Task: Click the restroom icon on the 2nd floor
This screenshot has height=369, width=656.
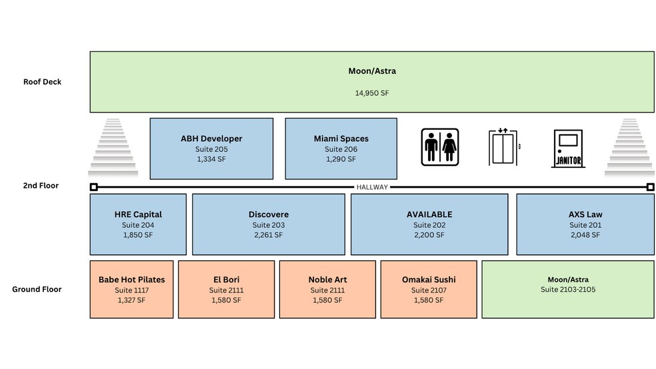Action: (440, 147)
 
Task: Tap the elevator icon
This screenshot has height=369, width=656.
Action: (504, 147)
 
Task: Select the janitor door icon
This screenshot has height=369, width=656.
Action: (568, 148)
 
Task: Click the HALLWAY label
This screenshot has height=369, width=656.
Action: (372, 187)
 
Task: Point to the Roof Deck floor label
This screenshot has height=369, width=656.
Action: (42, 82)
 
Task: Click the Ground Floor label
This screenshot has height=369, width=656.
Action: (37, 289)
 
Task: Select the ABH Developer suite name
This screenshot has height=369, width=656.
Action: (211, 139)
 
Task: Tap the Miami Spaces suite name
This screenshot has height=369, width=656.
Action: (341, 139)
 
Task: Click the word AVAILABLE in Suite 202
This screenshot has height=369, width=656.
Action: (429, 214)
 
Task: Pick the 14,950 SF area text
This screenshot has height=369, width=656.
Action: (371, 93)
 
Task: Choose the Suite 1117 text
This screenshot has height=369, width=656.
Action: (131, 290)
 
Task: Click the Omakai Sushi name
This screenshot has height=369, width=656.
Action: (429, 280)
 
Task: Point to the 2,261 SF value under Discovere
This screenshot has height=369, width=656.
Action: (269, 235)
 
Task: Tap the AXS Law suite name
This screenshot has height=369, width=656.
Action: (585, 214)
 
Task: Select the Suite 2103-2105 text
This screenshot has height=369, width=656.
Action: (568, 290)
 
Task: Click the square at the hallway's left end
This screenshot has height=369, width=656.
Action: (93, 187)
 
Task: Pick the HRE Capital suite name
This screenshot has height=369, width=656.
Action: (138, 214)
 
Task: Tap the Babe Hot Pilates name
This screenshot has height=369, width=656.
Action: (131, 280)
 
